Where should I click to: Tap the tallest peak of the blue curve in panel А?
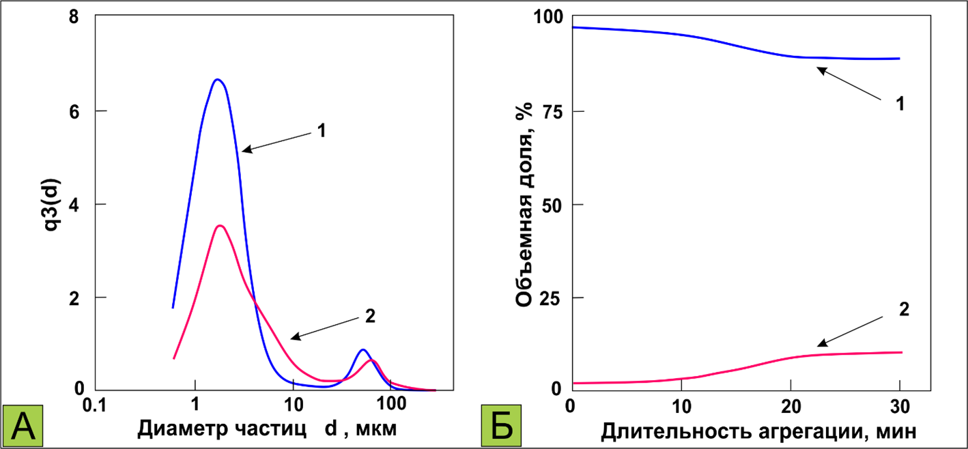pyautogui.click(x=217, y=80)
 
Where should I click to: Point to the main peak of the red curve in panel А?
pyautogui.click(x=219, y=226)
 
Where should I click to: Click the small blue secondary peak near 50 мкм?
pyautogui.click(x=362, y=350)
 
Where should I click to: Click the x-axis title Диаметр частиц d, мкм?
pyautogui.click(x=267, y=429)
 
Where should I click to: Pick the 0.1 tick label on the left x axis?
pyautogui.click(x=96, y=407)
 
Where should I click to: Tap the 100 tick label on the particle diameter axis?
pyautogui.click(x=391, y=407)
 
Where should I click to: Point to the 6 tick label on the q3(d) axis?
pyautogui.click(x=73, y=111)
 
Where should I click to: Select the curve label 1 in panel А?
pyautogui.click(x=320, y=129)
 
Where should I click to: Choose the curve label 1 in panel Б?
pyautogui.click(x=900, y=104)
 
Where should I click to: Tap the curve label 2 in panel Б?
pyautogui.click(x=904, y=308)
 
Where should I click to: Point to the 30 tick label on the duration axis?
pyautogui.click(x=899, y=407)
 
